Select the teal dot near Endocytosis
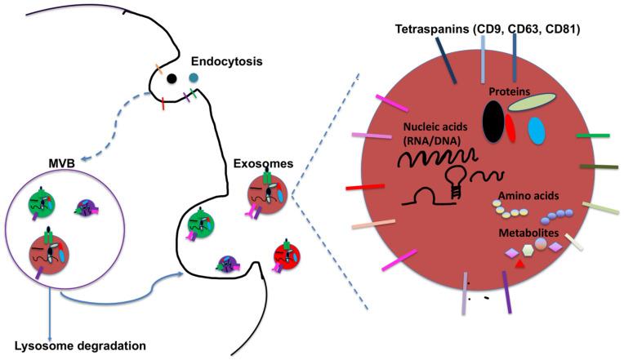coord(194,78)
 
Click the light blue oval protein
coord(537,131)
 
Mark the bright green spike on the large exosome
coord(593,136)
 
